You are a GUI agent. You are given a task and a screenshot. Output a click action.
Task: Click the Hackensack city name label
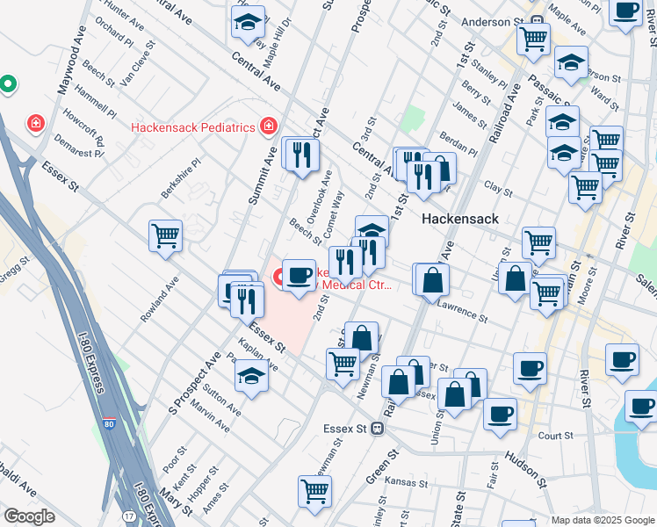click(460, 218)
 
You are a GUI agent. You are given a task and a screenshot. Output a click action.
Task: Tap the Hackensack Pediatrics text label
click(193, 126)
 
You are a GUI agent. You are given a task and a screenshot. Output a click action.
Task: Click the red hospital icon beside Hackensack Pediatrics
click(267, 126)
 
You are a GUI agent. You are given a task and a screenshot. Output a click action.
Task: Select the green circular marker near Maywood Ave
click(8, 85)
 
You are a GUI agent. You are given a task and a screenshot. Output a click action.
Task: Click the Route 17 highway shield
click(129, 516)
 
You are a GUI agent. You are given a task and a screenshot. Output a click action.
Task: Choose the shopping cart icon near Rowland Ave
click(165, 235)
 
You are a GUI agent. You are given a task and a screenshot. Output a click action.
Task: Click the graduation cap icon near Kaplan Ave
click(251, 376)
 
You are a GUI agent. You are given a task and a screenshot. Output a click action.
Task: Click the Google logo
click(29, 516)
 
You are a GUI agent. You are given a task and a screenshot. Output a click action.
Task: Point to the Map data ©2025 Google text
click(603, 520)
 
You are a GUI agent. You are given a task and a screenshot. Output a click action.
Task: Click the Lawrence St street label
click(463, 311)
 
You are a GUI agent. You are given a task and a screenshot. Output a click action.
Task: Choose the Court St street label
click(555, 435)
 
